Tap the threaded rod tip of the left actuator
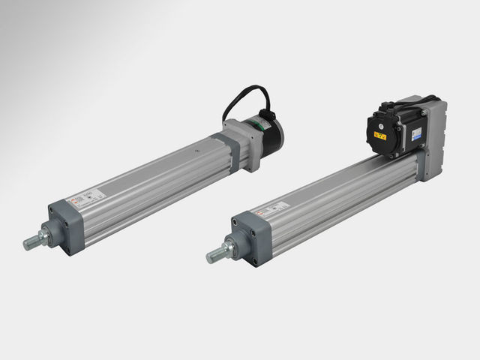pos(29,244)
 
